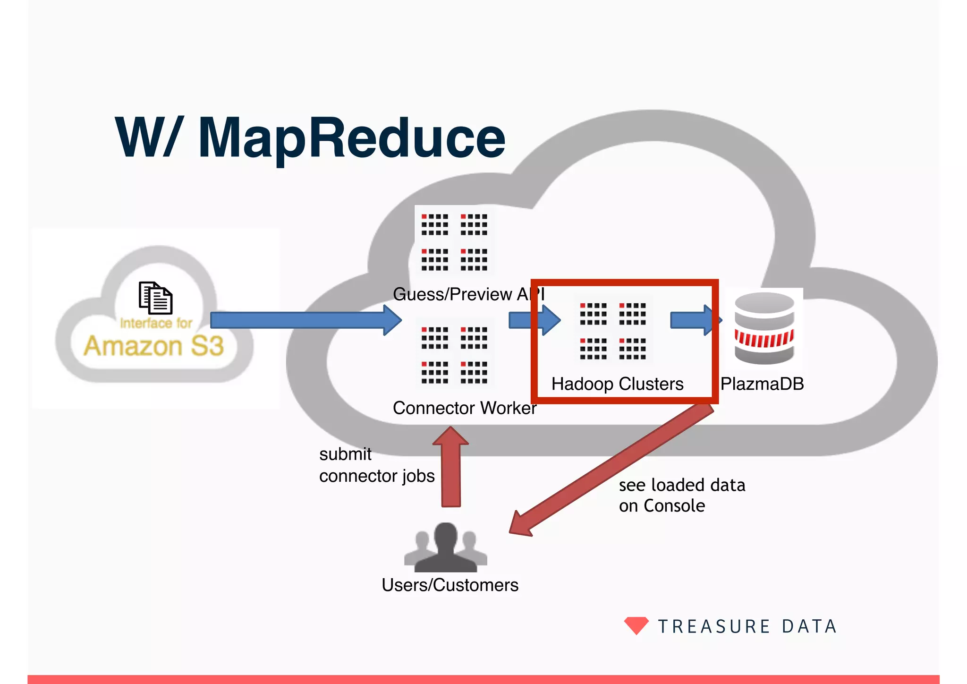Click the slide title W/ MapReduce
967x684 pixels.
310,138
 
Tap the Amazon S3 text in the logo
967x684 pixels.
154,346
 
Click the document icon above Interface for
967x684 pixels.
155,298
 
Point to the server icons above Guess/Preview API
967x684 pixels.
454,241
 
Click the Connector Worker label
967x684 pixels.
465,408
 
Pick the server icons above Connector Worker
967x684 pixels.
454,354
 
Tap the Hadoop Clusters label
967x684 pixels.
617,384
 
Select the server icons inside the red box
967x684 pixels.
613,331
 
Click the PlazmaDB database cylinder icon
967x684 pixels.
764,328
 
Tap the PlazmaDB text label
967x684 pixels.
762,384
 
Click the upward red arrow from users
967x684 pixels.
451,468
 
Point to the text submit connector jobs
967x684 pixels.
376,465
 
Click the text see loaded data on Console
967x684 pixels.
681,495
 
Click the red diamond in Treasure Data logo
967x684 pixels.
636,625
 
